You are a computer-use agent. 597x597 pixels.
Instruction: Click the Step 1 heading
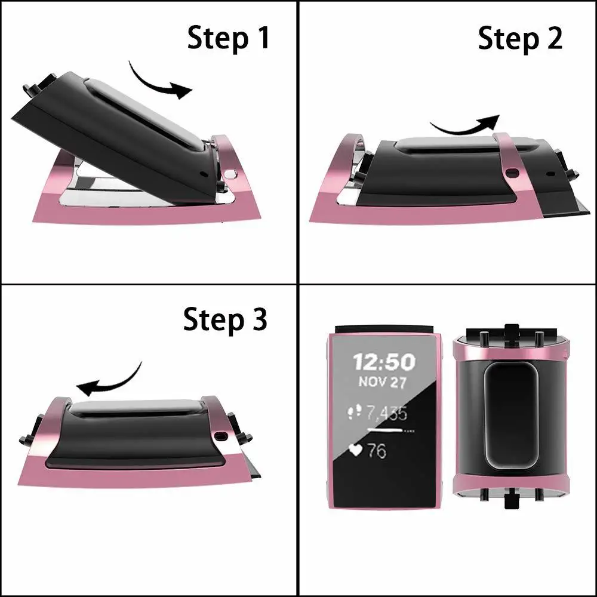229,38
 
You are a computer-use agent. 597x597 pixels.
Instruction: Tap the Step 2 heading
520,39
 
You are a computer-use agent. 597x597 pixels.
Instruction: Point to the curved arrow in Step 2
465,125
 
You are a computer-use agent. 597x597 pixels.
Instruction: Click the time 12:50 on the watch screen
384,361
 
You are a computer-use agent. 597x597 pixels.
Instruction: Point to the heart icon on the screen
356,450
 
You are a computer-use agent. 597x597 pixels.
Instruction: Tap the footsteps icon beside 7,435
356,412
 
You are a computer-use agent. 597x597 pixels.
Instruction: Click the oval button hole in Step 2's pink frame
512,174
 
